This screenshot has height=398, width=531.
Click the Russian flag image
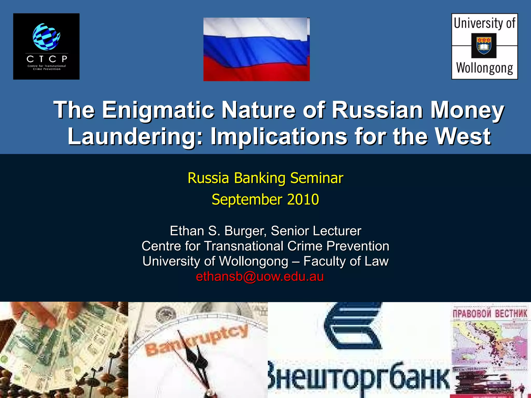256,49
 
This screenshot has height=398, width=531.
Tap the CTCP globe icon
46,37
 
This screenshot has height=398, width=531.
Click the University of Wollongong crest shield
484,46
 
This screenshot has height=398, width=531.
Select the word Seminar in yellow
317,178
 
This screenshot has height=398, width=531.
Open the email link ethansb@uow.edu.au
260,276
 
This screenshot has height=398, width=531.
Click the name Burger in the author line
245,231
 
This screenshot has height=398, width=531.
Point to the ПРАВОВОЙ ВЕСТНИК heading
490,314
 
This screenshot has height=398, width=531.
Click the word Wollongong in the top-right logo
485,68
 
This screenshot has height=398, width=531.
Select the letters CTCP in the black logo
47,59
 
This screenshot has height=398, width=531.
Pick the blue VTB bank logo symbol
353,327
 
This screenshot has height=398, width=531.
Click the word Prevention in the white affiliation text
358,246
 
